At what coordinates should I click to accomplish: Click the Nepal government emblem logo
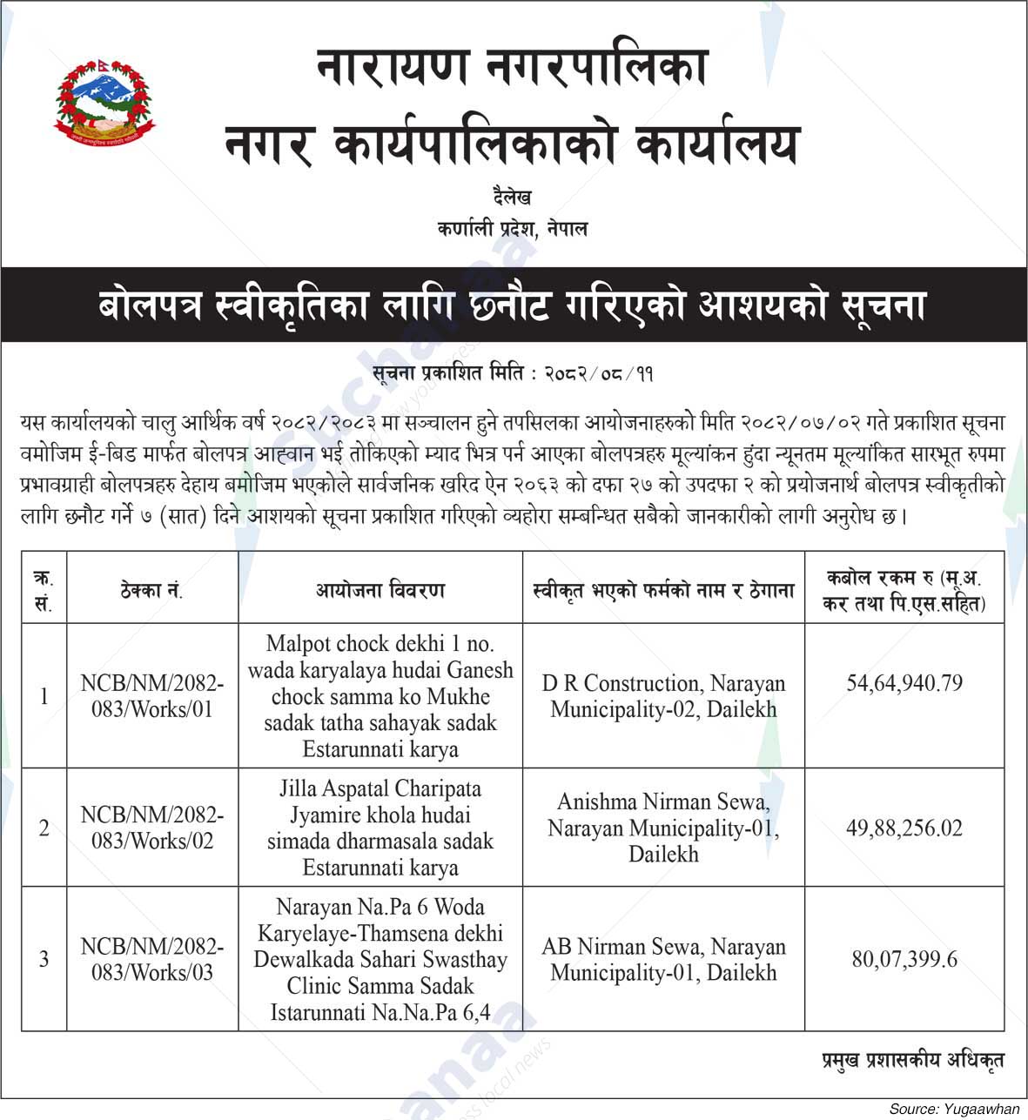(104, 102)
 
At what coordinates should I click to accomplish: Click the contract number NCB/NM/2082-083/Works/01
(152, 696)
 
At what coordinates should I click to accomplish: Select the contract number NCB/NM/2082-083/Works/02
(152, 828)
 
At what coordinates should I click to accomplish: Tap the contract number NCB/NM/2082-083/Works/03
(152, 959)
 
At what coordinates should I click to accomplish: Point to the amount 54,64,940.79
(904, 683)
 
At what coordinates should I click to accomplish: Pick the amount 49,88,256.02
(904, 828)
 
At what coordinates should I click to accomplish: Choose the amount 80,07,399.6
(904, 959)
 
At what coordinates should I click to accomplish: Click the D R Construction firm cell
(663, 696)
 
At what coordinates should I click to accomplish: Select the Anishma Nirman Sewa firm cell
(663, 828)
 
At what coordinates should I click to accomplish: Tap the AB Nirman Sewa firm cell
(663, 959)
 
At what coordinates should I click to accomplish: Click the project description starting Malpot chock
(380, 696)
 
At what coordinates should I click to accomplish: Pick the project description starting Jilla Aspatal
(380, 828)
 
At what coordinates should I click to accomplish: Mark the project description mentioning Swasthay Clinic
(380, 959)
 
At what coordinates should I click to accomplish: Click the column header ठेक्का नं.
(152, 591)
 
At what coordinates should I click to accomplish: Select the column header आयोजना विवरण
(380, 591)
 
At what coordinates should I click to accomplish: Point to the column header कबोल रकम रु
(904, 589)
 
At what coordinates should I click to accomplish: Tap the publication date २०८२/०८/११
(599, 374)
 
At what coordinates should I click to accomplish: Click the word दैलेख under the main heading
(512, 198)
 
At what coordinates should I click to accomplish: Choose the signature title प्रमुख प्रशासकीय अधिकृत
(913, 1061)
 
